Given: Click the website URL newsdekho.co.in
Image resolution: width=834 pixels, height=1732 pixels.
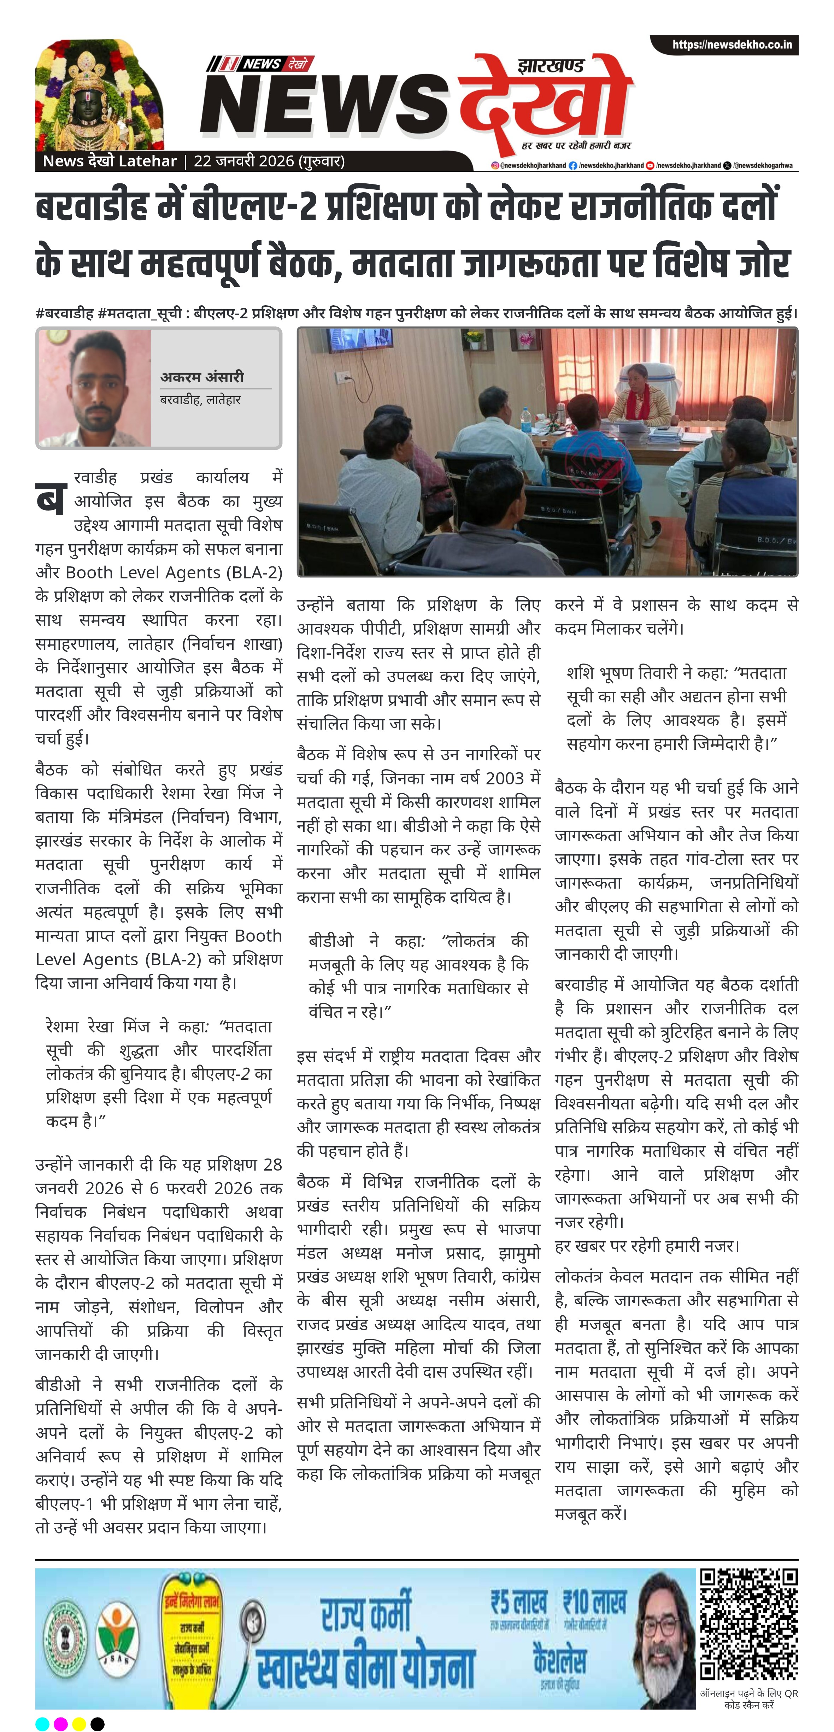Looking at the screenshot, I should (x=732, y=45).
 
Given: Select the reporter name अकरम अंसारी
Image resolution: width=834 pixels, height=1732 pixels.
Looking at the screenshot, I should (x=202, y=377).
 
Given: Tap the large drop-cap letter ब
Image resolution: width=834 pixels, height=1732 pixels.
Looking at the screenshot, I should (x=51, y=499).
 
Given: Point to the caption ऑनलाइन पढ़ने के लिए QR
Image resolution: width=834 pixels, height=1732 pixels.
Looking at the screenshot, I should (x=748, y=1693).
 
